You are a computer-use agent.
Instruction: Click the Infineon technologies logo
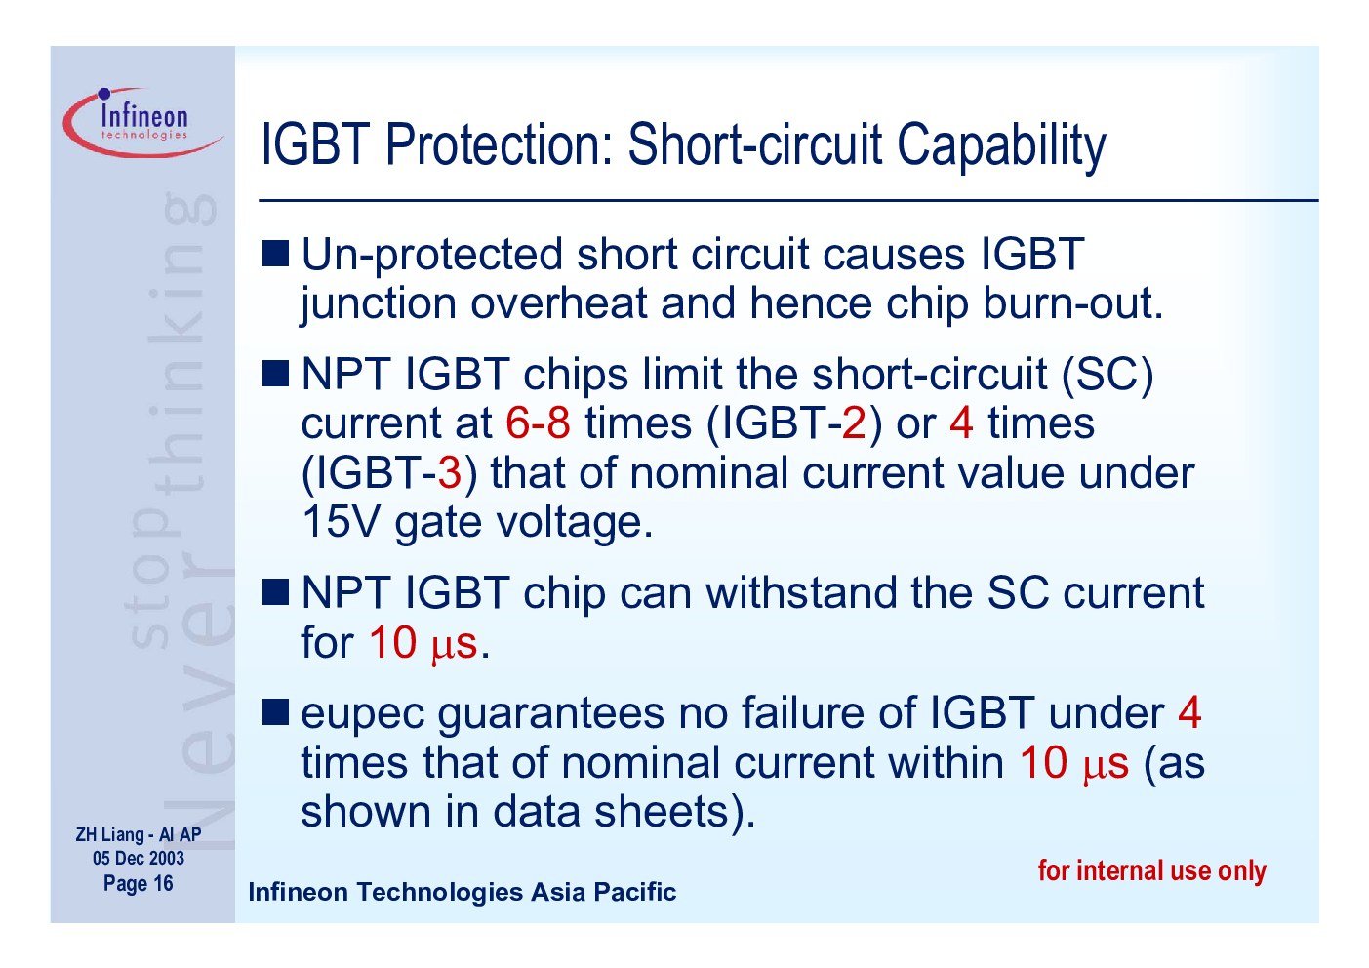[x=143, y=122]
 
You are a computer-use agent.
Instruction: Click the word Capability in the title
[x=1001, y=145]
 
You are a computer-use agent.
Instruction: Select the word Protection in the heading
[x=499, y=144]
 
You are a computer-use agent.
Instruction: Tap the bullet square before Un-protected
[x=275, y=254]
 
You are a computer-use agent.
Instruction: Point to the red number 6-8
[x=538, y=423]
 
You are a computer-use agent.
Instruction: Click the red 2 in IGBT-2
[x=854, y=423]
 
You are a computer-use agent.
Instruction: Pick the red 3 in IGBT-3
[x=449, y=472]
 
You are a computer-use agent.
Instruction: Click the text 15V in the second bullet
[x=341, y=521]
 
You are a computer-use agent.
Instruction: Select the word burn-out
[x=1073, y=303]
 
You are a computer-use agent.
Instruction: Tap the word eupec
[x=362, y=714]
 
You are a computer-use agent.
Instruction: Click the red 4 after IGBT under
[x=1189, y=712]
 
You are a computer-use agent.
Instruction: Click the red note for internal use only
[x=1152, y=870]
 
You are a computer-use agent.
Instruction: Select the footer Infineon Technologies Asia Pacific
[x=463, y=892]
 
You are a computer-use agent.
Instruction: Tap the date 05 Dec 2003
[x=139, y=858]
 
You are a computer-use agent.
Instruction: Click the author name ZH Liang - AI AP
[x=139, y=834]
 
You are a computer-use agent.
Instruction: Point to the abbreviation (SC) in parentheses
[x=1107, y=374]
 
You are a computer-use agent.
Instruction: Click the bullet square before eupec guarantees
[x=275, y=712]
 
